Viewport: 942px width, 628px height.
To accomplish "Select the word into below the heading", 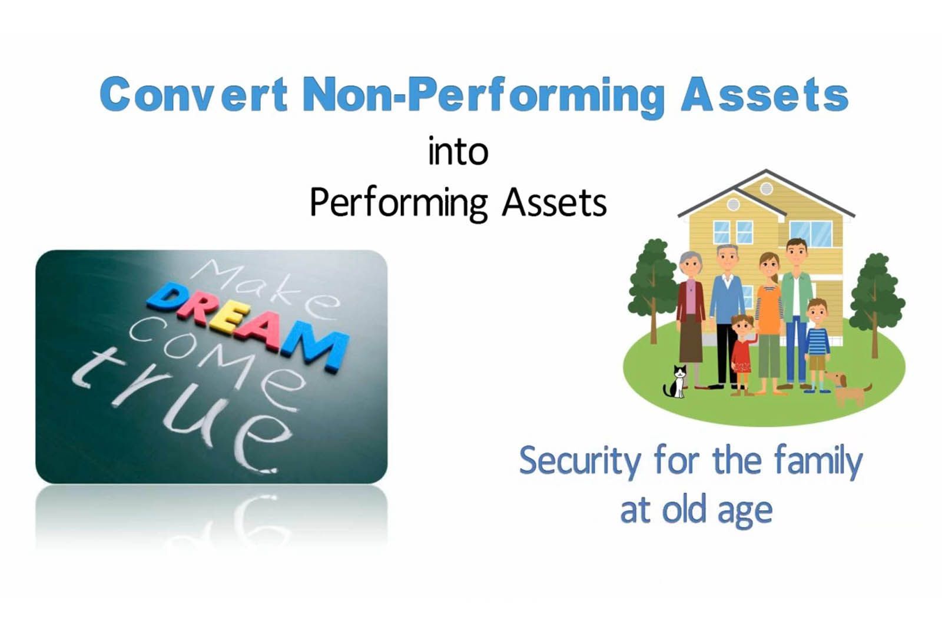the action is [458, 152].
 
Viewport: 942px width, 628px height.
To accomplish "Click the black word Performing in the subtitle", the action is [398, 204].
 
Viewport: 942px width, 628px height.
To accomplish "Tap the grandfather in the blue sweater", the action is [727, 316].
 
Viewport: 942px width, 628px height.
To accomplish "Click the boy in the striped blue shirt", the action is [817, 345].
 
